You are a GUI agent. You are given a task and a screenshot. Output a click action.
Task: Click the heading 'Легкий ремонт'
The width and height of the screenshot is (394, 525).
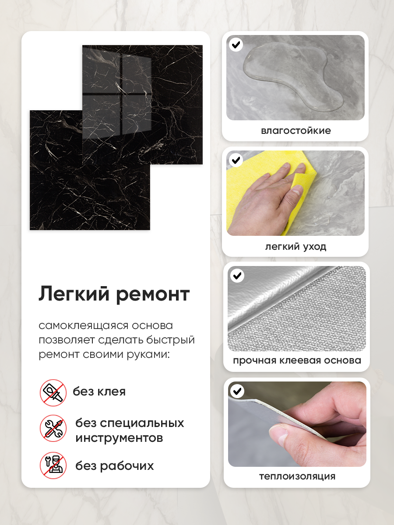point(114,294)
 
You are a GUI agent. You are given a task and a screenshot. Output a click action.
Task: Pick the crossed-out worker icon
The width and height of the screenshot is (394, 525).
point(53,465)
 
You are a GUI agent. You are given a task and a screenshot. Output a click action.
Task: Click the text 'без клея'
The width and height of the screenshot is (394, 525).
point(99,392)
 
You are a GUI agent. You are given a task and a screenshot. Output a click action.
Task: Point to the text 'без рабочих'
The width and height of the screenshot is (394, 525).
point(115,466)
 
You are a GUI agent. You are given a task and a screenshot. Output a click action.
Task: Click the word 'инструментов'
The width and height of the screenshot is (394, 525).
point(119,437)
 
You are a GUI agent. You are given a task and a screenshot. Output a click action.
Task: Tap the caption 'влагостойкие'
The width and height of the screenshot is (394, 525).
point(296,130)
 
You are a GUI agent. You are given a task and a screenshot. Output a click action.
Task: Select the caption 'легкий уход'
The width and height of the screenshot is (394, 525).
point(295,247)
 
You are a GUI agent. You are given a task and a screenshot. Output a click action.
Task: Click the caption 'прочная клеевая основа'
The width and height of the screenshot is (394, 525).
point(297,360)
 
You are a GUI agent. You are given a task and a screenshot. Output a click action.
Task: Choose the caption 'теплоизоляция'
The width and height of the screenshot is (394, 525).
point(297,476)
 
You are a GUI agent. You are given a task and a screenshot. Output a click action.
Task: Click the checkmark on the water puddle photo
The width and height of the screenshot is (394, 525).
point(236,45)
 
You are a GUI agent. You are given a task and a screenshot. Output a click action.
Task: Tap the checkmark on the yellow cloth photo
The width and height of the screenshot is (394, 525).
point(236,160)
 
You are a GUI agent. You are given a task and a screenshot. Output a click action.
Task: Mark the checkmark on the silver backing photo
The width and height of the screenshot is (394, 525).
point(237,276)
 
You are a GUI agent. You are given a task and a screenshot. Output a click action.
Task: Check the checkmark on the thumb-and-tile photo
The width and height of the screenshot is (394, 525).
point(237,391)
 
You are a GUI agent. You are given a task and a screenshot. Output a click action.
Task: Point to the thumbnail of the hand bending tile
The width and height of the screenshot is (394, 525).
point(297,424)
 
